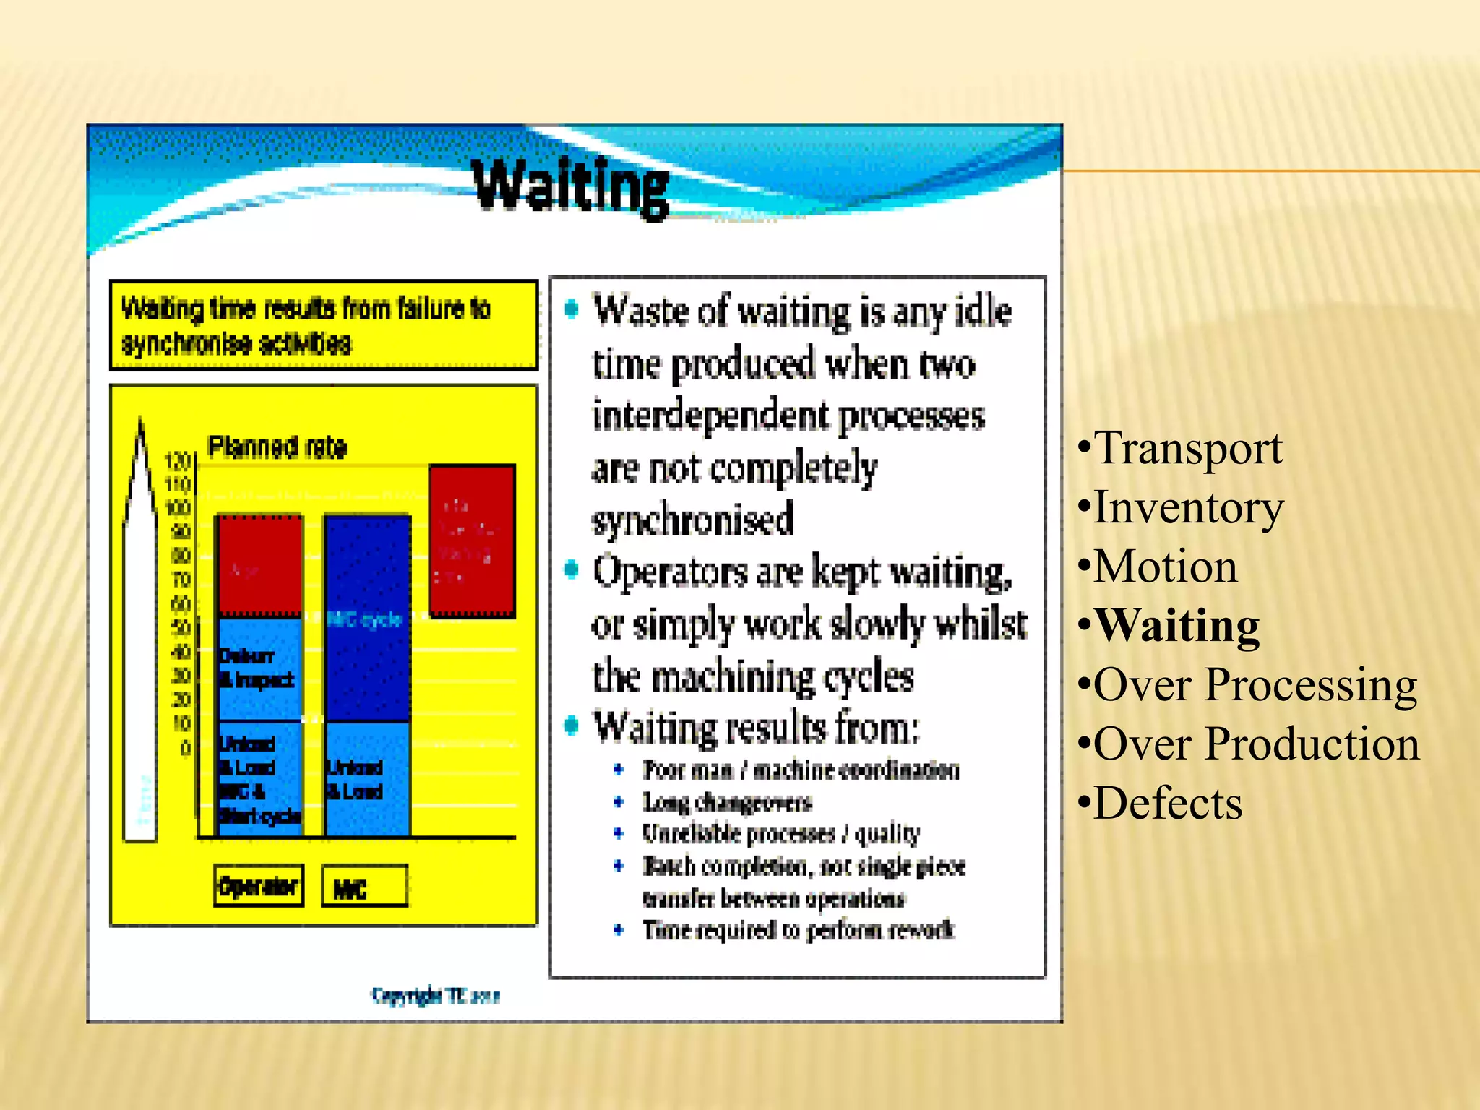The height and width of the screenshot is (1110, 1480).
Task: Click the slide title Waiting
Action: click(571, 186)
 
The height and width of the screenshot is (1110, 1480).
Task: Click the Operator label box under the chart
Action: click(259, 886)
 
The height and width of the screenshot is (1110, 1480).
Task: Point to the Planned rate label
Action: click(277, 447)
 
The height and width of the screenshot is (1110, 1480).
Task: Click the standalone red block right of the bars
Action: click(472, 541)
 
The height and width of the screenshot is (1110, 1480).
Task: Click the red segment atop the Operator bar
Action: click(260, 566)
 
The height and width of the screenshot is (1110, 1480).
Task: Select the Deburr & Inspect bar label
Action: click(256, 668)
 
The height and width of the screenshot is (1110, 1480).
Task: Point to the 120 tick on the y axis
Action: click(177, 460)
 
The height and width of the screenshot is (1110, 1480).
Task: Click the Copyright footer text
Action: click(436, 996)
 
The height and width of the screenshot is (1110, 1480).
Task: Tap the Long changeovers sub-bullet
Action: click(727, 802)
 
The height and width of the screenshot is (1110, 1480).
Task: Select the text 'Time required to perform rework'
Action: click(798, 930)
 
